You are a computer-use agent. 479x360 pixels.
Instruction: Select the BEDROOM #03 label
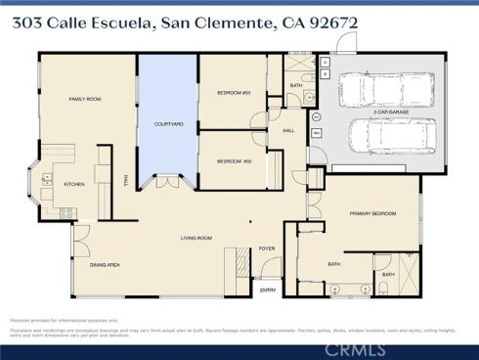(234, 93)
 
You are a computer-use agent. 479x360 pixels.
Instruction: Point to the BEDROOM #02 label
(234, 160)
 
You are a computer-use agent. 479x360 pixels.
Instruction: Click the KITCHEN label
(74, 184)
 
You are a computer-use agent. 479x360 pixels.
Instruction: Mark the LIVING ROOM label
(196, 238)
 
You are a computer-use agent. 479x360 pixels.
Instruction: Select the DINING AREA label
(105, 265)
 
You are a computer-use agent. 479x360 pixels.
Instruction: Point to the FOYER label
(267, 249)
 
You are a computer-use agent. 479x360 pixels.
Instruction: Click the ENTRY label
(267, 290)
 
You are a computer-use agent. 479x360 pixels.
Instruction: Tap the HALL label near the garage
(289, 130)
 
